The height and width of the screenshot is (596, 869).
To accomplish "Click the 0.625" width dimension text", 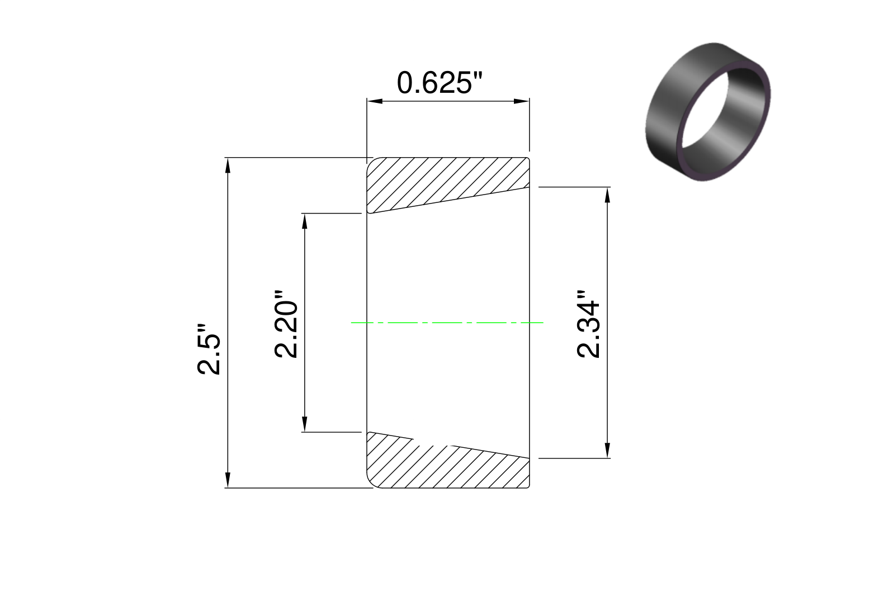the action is pyautogui.click(x=440, y=83).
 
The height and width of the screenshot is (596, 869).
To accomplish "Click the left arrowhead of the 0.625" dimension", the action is pyautogui.click(x=375, y=101).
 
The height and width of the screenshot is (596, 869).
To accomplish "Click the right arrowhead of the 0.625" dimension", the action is pyautogui.click(x=521, y=101).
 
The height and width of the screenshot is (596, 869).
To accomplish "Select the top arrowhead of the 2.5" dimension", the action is pyautogui.click(x=228, y=165).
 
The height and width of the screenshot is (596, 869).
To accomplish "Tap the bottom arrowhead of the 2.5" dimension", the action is pyautogui.click(x=228, y=480).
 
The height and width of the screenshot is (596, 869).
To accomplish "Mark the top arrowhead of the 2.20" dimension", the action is pyautogui.click(x=305, y=221).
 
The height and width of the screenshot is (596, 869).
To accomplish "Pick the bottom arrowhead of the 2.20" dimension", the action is pyautogui.click(x=305, y=424).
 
